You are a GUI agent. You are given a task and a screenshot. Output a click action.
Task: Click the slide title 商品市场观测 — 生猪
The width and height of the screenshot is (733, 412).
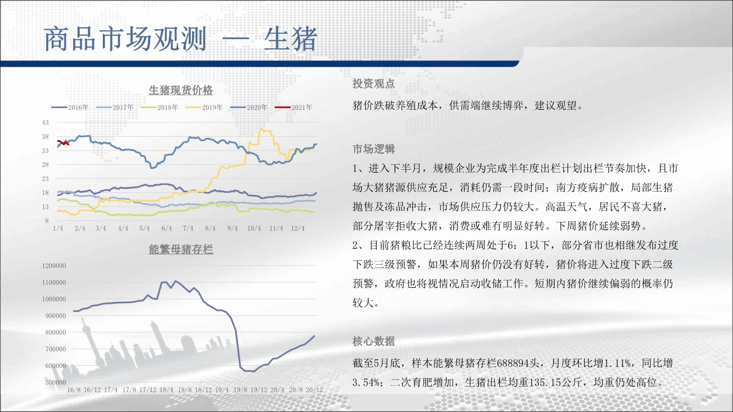click(x=181, y=39)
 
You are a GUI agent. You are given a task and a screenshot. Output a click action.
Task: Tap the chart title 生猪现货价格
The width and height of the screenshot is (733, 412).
click(x=181, y=90)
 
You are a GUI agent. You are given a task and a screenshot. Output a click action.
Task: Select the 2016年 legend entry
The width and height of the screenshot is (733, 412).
click(x=70, y=107)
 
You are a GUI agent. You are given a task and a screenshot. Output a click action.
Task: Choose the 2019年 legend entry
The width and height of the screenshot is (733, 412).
click(x=204, y=107)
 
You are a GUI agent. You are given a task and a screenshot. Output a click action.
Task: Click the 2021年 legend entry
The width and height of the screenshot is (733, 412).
click(x=293, y=107)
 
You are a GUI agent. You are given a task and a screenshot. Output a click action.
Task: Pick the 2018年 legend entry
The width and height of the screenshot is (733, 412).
click(x=159, y=107)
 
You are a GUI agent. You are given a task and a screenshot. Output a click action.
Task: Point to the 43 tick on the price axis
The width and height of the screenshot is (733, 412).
click(x=45, y=123)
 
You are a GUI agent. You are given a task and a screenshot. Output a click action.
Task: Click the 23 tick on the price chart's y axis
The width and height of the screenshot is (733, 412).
click(x=45, y=179)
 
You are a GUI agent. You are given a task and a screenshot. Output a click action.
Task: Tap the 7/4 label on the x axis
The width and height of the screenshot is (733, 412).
click(x=188, y=228)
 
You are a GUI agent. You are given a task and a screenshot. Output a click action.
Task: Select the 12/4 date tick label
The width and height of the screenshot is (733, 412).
click(x=298, y=228)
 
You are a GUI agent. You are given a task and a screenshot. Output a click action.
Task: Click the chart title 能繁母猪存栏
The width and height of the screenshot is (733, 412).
click(x=181, y=249)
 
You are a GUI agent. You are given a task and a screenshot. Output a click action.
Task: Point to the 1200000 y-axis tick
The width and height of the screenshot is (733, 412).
click(x=54, y=266)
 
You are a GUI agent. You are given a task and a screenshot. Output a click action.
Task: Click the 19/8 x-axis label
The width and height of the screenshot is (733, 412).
click(x=240, y=390)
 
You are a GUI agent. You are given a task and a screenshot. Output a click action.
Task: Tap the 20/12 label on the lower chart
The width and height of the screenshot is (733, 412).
click(x=314, y=390)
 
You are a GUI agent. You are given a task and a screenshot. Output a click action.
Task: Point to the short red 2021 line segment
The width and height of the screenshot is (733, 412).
click(x=63, y=143)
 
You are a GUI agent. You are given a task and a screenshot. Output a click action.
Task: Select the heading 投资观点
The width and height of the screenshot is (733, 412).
click(x=374, y=83)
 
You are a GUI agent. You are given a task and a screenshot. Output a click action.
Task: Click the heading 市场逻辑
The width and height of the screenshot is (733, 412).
click(x=374, y=149)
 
